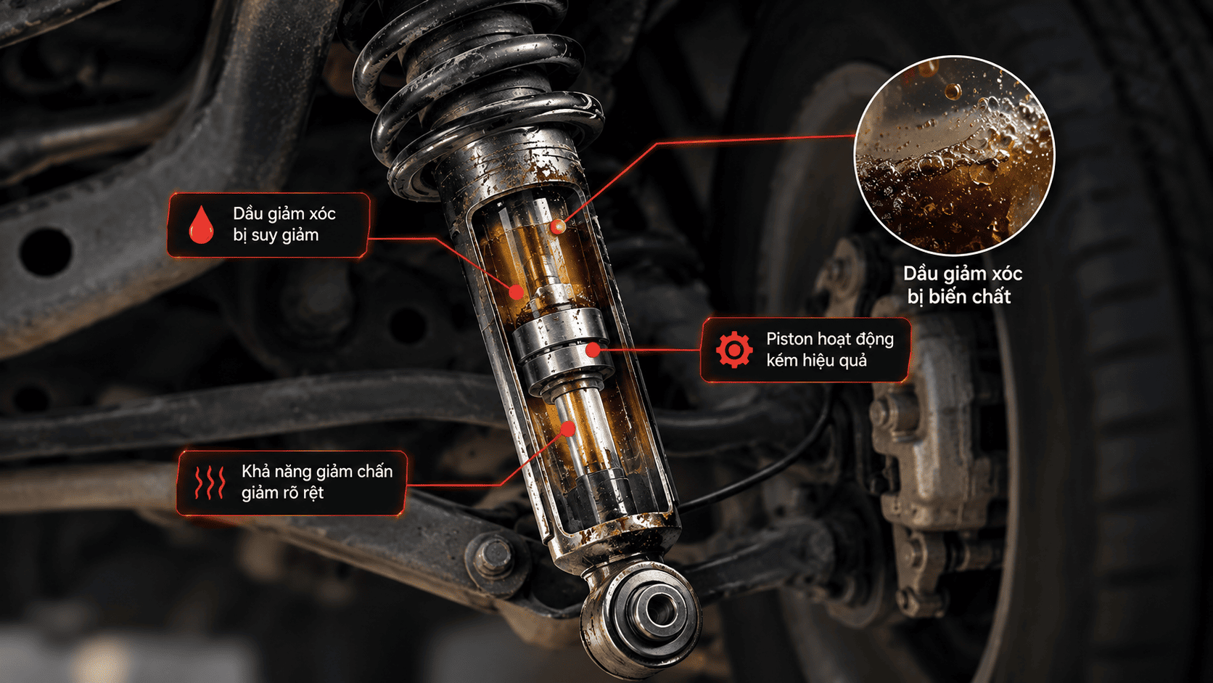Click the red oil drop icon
[201, 224]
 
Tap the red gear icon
[734, 350]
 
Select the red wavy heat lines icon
[210, 482]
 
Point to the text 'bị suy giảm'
[276, 235]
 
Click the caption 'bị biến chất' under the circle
[959, 297]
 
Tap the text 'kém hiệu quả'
[817, 360]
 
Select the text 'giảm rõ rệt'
[282, 493]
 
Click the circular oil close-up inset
[954, 155]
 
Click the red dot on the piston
[593, 350]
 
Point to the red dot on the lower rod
[567, 429]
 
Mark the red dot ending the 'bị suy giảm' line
[516, 293]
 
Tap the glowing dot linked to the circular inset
[558, 226]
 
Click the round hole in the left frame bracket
[46, 251]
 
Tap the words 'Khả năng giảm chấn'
[317, 472]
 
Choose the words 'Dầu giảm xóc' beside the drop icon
[284, 214]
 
